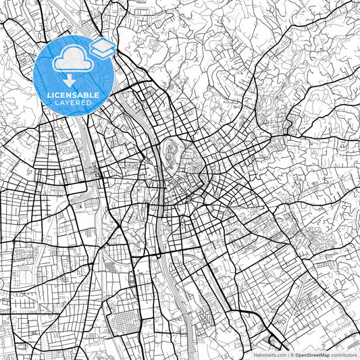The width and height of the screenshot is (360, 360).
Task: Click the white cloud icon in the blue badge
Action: coord(73,61)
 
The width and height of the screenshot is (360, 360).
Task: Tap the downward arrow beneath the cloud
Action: coord(74,80)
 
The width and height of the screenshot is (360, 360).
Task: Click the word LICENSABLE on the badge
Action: coord(74,95)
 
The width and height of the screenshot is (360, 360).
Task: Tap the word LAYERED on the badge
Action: coord(74,103)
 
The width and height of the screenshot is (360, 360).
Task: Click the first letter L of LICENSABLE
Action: coord(49,95)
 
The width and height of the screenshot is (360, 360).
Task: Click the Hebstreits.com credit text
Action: coord(269,354)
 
